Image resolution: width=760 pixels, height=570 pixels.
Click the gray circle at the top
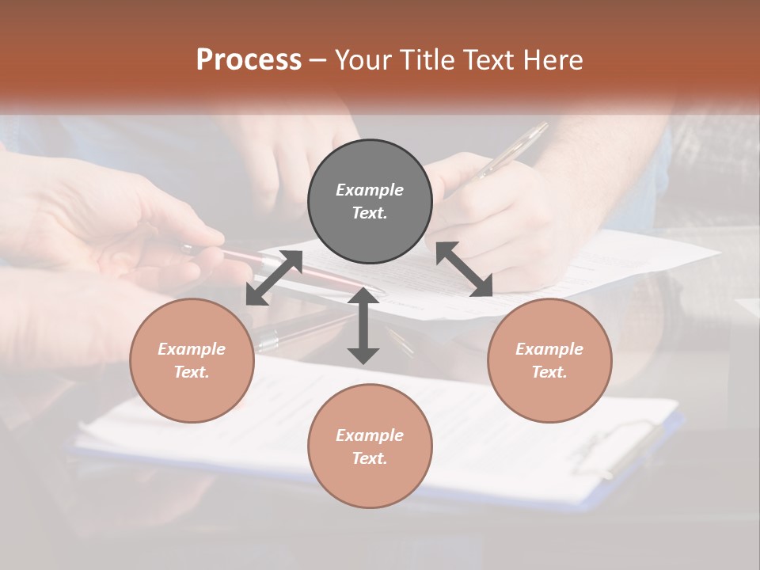click(x=370, y=202)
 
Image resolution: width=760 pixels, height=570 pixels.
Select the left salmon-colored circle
click(x=192, y=361)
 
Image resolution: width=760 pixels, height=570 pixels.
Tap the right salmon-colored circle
click(x=549, y=361)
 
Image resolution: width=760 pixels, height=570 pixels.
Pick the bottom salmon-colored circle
click(x=370, y=446)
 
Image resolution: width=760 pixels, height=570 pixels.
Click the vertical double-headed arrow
click(x=363, y=325)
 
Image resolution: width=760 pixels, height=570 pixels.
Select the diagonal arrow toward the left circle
click(x=274, y=278)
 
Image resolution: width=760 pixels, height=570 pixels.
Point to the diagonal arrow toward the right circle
click(x=464, y=269)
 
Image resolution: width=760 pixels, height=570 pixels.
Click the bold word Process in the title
click(x=249, y=59)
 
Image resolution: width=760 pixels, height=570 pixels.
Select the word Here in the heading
click(x=553, y=59)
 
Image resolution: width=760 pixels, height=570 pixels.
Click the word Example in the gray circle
click(x=370, y=190)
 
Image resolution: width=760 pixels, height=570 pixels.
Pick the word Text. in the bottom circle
click(x=370, y=458)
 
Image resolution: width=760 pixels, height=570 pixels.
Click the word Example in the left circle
click(x=192, y=349)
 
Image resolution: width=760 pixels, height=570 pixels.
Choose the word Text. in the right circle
click(x=549, y=372)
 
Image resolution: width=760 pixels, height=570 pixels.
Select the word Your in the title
click(x=362, y=59)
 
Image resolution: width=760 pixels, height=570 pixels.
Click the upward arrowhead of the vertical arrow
click(x=363, y=295)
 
